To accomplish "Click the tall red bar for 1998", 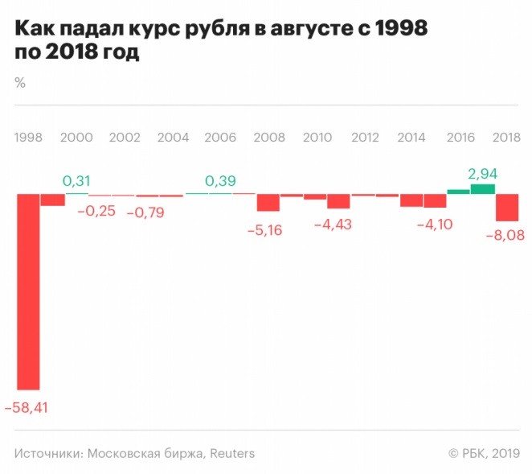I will (x=28, y=291).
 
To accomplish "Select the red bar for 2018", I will (x=507, y=208).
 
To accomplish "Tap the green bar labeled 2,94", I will (x=483, y=189).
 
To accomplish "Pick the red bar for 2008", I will (x=268, y=202).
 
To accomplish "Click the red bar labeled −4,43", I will (x=339, y=201).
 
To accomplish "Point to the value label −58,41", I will (x=27, y=408).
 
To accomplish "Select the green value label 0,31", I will (x=76, y=181).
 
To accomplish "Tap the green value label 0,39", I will (x=220, y=181).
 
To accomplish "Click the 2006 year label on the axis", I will (x=220, y=137).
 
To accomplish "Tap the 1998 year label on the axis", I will (x=29, y=137).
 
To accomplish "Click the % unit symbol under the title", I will (x=20, y=82).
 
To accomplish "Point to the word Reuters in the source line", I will (x=231, y=453).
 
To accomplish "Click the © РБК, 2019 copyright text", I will (x=484, y=453).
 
